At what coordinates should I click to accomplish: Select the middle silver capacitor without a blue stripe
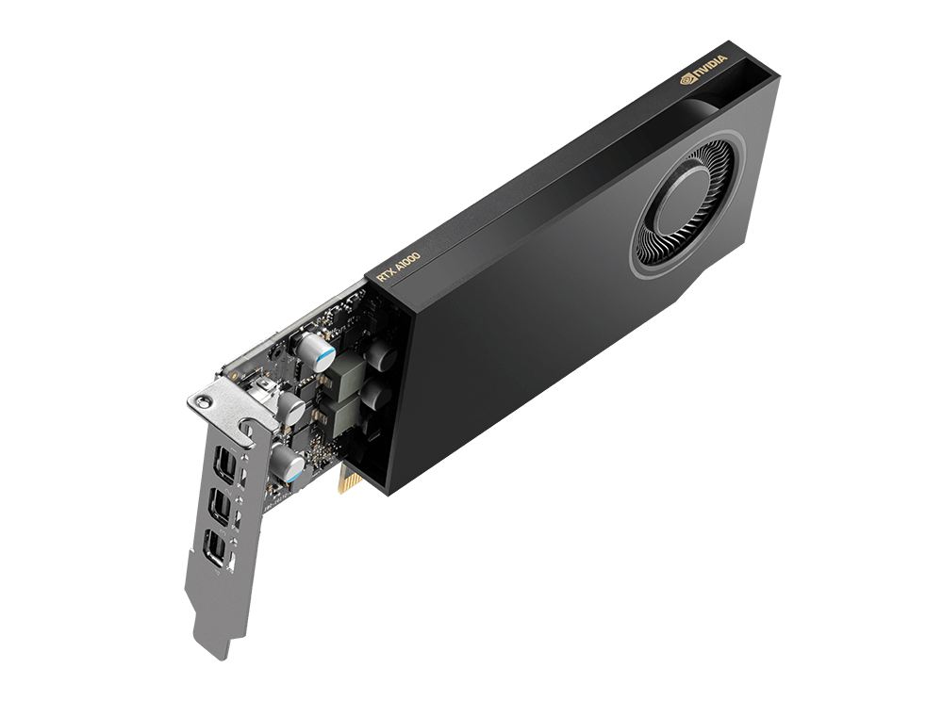[290, 408]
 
